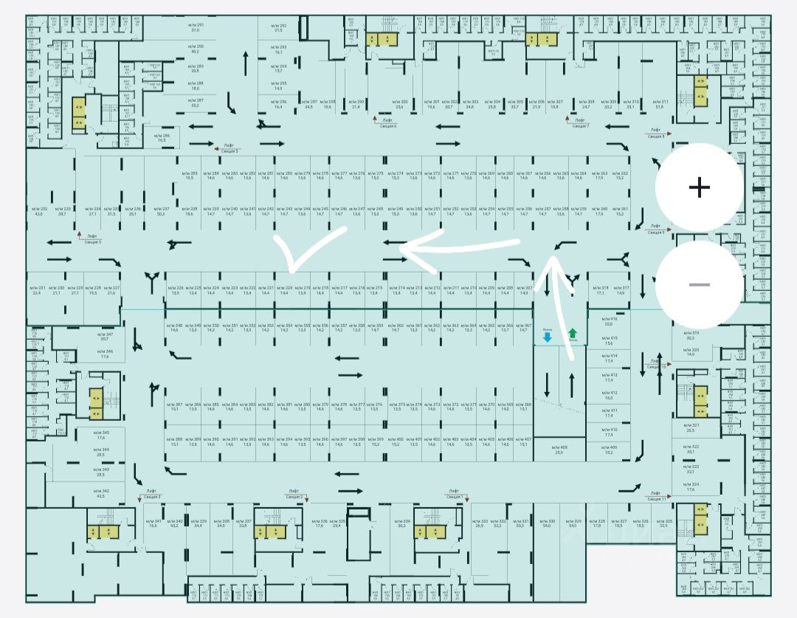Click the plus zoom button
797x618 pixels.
click(699, 188)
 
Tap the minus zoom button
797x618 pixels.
click(699, 285)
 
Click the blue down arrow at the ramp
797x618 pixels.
click(547, 336)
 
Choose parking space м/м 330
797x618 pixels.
click(548, 523)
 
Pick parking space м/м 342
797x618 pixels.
click(101, 493)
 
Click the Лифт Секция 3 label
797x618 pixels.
click(151, 494)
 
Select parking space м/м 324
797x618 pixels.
click(691, 486)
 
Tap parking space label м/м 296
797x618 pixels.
click(278, 104)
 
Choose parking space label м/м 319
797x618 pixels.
click(691, 336)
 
